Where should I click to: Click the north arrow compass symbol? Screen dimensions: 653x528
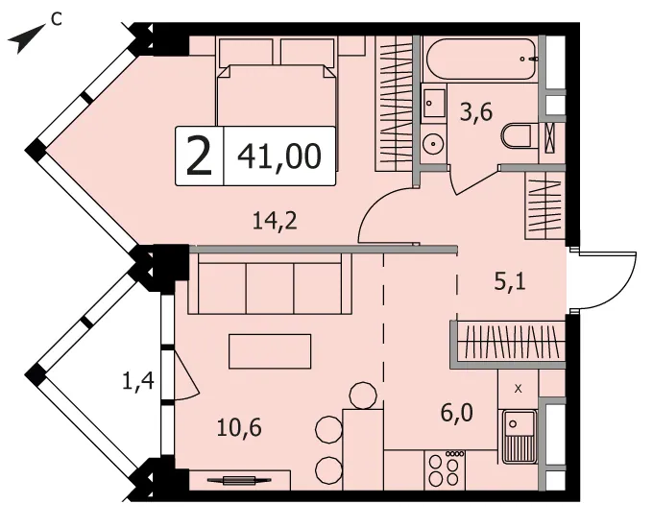click(x=27, y=38)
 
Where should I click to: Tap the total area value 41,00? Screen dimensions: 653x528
click(x=279, y=156)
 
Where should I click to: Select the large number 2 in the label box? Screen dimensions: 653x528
click(x=200, y=156)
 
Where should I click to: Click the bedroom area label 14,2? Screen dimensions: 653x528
click(x=275, y=220)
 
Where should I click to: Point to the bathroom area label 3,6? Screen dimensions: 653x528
click(x=476, y=111)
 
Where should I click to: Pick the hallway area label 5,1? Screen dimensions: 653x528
click(x=510, y=281)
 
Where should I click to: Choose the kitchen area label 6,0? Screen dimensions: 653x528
click(x=457, y=413)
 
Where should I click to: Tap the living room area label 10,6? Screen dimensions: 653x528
click(x=239, y=427)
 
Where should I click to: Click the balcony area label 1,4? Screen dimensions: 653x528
click(x=138, y=381)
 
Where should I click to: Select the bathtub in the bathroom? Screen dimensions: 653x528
click(x=481, y=59)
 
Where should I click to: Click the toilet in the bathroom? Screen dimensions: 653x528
click(x=517, y=135)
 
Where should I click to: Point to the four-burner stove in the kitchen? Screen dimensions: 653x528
click(x=445, y=469)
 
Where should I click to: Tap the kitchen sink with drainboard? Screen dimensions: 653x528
click(x=520, y=437)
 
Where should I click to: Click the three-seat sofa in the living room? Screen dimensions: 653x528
click(x=270, y=283)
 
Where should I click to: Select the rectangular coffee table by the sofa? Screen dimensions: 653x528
click(x=270, y=351)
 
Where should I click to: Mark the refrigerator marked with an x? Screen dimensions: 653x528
click(x=519, y=389)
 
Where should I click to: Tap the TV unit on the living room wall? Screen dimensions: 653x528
click(x=240, y=480)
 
